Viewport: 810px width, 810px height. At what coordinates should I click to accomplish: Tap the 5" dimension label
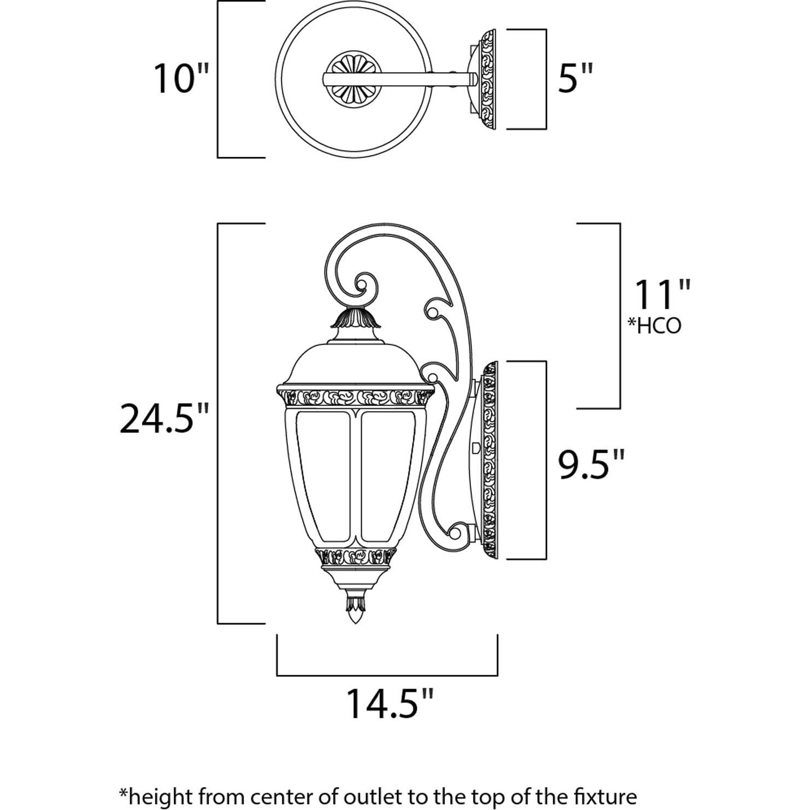pos(575,79)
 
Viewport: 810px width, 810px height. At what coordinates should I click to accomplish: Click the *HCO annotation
pos(654,326)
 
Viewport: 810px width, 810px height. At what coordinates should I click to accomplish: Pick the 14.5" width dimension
pos(390,704)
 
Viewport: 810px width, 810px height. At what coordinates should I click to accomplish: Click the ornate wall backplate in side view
pos(489,460)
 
